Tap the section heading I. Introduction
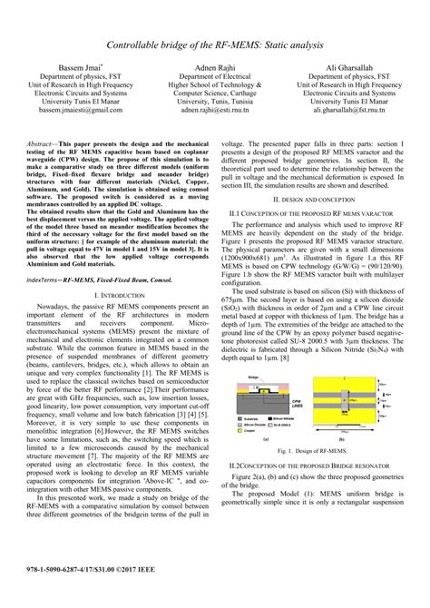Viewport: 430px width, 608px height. point(116,296)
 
